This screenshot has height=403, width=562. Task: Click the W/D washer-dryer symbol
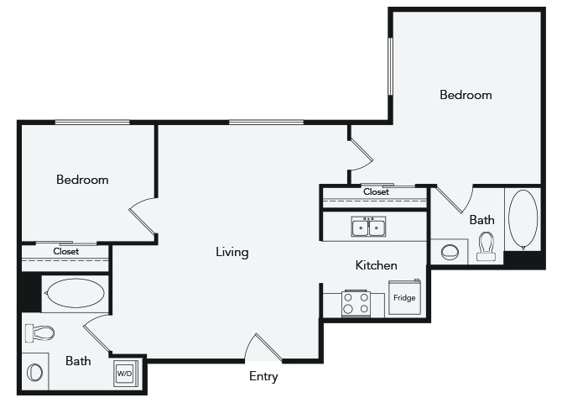pyautogui.click(x=126, y=374)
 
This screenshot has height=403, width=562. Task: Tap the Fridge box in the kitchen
pyautogui.click(x=404, y=297)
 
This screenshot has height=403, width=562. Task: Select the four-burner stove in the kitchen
pyautogui.click(x=356, y=303)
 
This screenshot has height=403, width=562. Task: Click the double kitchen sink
pyautogui.click(x=368, y=227)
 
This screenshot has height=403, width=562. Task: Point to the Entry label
pyautogui.click(x=263, y=376)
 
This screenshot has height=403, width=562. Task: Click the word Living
pyautogui.click(x=232, y=252)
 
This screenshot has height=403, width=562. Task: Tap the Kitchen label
pyautogui.click(x=377, y=265)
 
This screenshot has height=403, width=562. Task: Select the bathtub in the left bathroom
pyautogui.click(x=75, y=293)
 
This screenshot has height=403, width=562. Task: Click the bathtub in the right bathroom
pyautogui.click(x=523, y=219)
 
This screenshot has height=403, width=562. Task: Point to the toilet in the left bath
pyautogui.click(x=39, y=333)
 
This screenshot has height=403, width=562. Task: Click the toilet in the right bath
pyautogui.click(x=487, y=246)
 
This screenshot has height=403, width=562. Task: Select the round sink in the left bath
pyautogui.click(x=34, y=372)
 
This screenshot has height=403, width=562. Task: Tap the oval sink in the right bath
pyautogui.click(x=450, y=252)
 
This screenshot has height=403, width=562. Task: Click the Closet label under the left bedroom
pyautogui.click(x=66, y=251)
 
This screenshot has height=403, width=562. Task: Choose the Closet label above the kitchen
pyautogui.click(x=376, y=191)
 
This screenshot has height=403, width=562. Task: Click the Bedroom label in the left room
pyautogui.click(x=82, y=180)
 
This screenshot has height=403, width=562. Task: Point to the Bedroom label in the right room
pyautogui.click(x=466, y=95)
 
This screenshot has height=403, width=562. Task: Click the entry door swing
pyautogui.click(x=263, y=347)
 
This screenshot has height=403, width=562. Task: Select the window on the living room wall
pyautogui.click(x=266, y=123)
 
